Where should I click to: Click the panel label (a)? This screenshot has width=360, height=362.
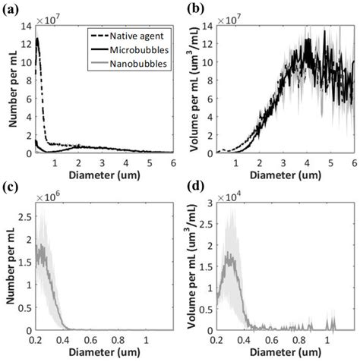click(11, 10)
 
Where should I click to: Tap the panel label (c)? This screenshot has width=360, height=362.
click(11, 187)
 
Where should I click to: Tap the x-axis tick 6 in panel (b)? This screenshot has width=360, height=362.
click(354, 162)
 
